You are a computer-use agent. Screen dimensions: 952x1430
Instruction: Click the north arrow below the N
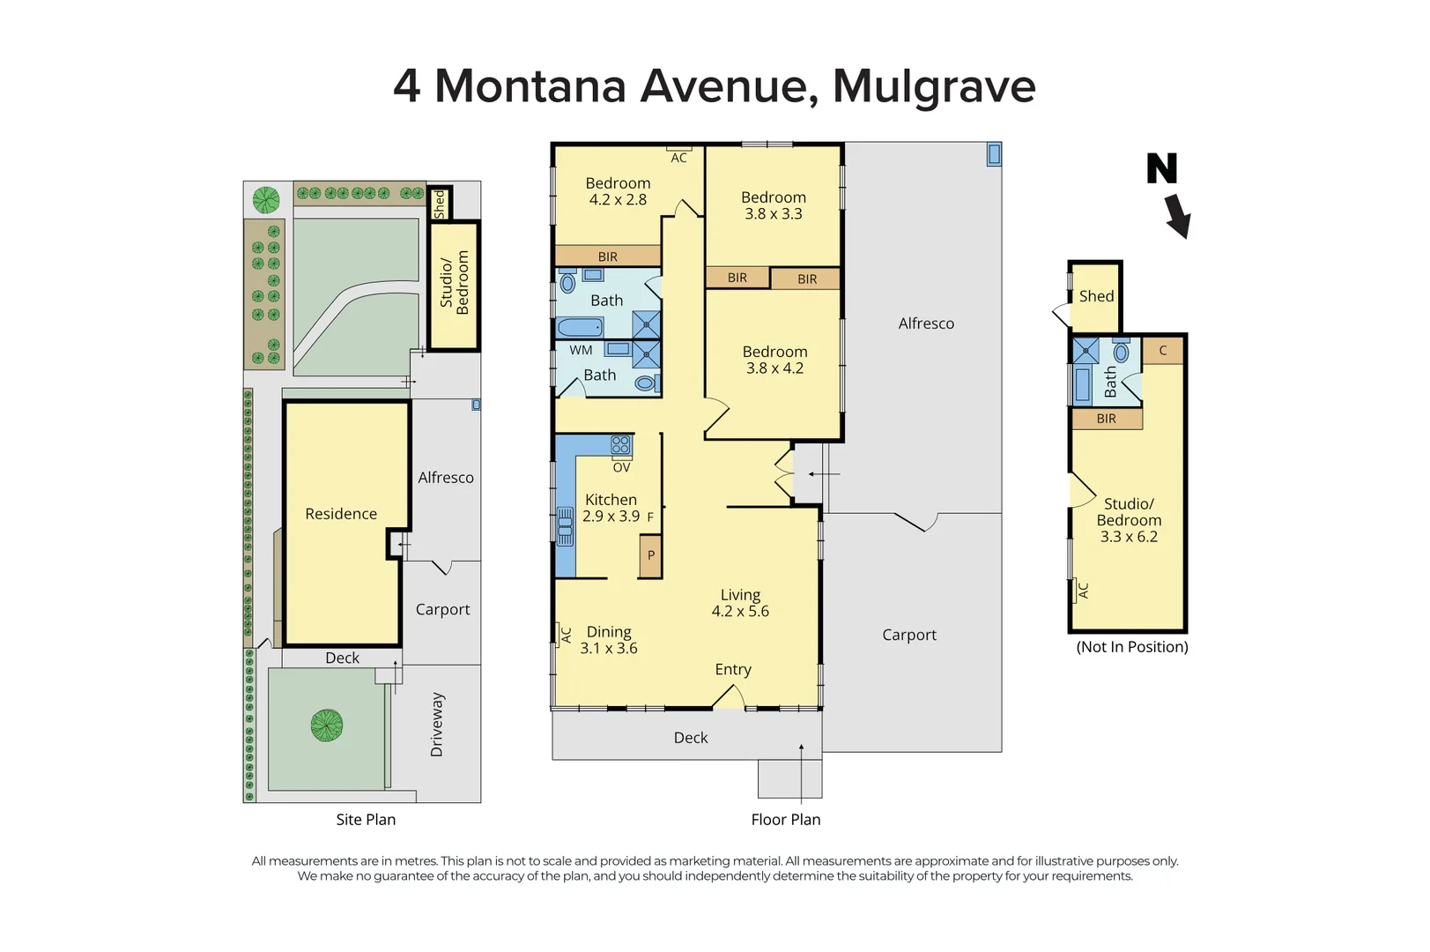pyautogui.click(x=1177, y=217)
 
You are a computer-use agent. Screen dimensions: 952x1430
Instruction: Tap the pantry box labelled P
pyautogui.click(x=650, y=556)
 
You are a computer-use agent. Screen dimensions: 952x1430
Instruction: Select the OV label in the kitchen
pyautogui.click(x=621, y=468)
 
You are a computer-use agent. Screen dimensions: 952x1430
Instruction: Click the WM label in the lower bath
pyautogui.click(x=581, y=350)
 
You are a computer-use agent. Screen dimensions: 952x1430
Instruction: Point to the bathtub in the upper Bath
pyautogui.click(x=581, y=328)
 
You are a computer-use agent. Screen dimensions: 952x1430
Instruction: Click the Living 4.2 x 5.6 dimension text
pyautogui.click(x=740, y=612)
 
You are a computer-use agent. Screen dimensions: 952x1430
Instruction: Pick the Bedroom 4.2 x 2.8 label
pyautogui.click(x=618, y=191)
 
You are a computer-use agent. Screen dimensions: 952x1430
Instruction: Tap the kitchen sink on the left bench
pyautogui.click(x=565, y=526)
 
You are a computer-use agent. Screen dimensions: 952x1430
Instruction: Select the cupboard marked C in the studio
pyautogui.click(x=1162, y=351)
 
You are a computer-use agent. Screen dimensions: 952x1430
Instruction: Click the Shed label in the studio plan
pyautogui.click(x=1096, y=296)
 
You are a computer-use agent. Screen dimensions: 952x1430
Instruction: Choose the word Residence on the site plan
pyautogui.click(x=341, y=514)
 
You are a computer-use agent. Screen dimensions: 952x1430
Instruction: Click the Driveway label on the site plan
pyautogui.click(x=437, y=725)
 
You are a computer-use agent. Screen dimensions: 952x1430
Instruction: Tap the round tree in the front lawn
pyautogui.click(x=327, y=725)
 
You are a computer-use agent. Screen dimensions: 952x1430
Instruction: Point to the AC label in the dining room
pyautogui.click(x=567, y=634)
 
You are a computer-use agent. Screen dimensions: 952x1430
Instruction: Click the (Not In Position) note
pyautogui.click(x=1131, y=647)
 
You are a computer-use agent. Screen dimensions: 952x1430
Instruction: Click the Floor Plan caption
pyautogui.click(x=785, y=820)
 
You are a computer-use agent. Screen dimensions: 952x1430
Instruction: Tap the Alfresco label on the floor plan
pyautogui.click(x=926, y=324)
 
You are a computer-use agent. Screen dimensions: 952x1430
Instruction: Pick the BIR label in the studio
pyautogui.click(x=1106, y=419)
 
